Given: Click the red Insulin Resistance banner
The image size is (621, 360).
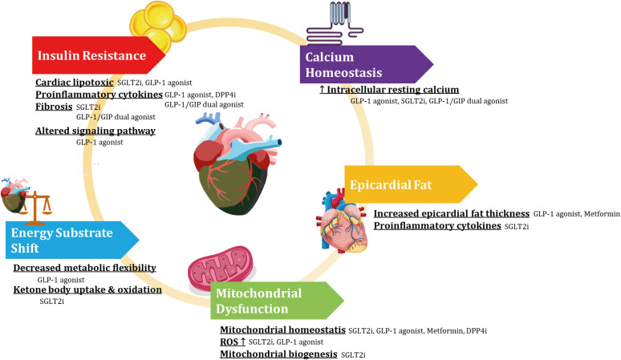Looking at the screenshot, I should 96,55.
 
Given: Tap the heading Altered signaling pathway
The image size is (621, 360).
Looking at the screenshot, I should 95,131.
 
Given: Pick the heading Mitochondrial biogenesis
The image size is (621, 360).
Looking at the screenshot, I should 278,353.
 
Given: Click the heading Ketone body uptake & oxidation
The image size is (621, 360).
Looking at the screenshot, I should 87,289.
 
